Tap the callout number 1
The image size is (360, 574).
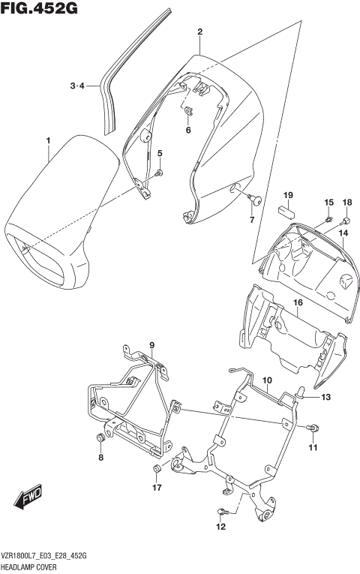[x=48, y=141]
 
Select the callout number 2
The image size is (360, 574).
[x=200, y=32]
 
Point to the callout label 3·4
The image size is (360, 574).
[x=78, y=86]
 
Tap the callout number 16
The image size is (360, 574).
[x=297, y=302]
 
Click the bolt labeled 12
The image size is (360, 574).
[x=221, y=512]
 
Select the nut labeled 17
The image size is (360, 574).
[x=157, y=470]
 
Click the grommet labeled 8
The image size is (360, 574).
[x=100, y=437]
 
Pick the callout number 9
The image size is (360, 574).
[x=151, y=346]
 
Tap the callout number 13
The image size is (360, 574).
[x=325, y=397]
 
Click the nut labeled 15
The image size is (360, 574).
[x=329, y=219]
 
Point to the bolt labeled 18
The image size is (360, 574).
[x=346, y=220]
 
